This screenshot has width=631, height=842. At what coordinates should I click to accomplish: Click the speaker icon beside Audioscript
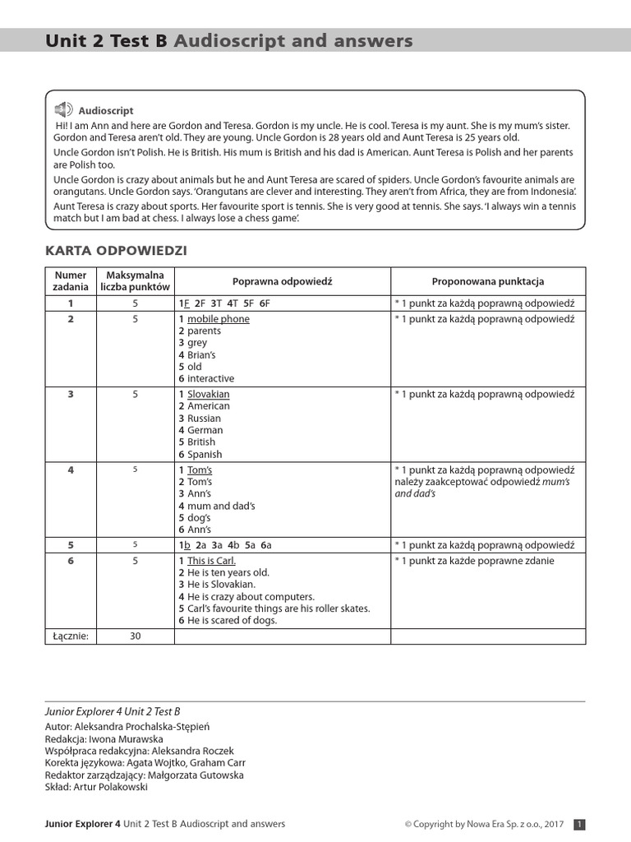[63, 109]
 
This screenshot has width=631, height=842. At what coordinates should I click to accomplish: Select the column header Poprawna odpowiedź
[282, 281]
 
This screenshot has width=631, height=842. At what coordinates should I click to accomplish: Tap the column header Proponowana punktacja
[488, 281]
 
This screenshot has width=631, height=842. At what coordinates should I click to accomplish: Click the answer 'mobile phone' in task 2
[218, 319]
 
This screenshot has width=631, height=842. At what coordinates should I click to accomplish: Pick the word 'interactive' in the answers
[210, 379]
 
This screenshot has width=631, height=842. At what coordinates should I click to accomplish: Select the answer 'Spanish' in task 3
[205, 454]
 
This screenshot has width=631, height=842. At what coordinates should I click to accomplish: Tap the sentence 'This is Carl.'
[211, 561]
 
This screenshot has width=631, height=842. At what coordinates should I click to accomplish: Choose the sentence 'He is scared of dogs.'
[233, 621]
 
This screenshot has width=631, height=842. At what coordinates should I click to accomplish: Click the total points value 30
[136, 636]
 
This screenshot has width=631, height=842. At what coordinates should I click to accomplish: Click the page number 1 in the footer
[579, 824]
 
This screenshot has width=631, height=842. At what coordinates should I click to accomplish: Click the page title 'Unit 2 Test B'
[106, 41]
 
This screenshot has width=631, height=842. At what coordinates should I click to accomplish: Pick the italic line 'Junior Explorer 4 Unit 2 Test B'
[113, 711]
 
